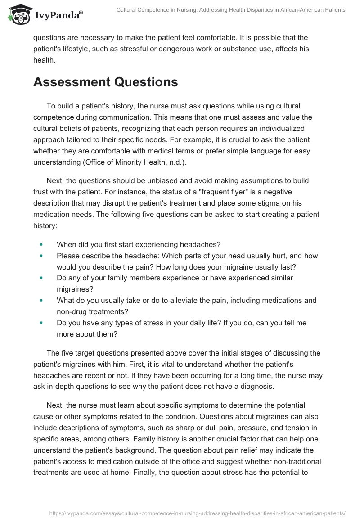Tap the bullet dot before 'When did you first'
click(x=41, y=244)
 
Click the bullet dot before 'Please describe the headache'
click(x=41, y=256)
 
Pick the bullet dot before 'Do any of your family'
click(x=41, y=278)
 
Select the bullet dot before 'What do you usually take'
click(x=41, y=300)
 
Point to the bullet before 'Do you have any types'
click(x=41, y=323)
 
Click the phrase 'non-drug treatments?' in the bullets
click(x=93, y=311)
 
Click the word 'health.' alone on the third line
click(x=44, y=60)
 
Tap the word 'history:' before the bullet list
click(x=45, y=225)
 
